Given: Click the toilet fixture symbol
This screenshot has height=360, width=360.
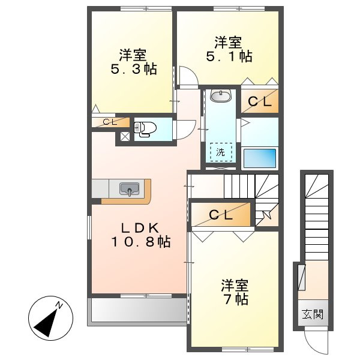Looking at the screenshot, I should coord(145,128).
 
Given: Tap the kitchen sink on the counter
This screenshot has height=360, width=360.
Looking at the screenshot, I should coord(129,190).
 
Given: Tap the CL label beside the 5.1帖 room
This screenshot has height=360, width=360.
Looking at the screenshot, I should coord(260,101).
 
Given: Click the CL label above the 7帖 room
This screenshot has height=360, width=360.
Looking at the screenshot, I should coord(220,215).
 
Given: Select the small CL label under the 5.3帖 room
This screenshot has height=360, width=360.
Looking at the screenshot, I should coord(110,122).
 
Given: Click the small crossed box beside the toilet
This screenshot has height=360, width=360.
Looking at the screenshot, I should coord(124,136).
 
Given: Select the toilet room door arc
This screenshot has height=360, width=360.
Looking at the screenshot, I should coord(188,126).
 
